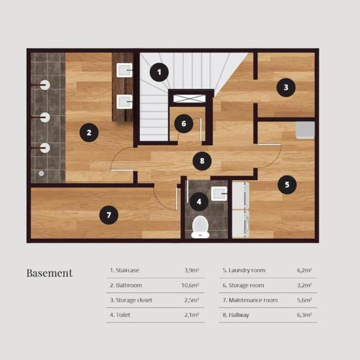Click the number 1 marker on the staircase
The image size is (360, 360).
pyautogui.click(x=159, y=72)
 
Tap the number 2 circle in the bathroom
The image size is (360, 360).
pyautogui.click(x=89, y=132)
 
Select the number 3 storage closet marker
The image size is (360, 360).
pyautogui.click(x=286, y=87)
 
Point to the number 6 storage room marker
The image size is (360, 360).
pyautogui.click(x=183, y=123)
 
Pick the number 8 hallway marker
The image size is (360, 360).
pyautogui.click(x=202, y=161)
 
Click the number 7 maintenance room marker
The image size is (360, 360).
pyautogui.click(x=109, y=215)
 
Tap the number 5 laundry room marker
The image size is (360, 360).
pyautogui.click(x=287, y=184)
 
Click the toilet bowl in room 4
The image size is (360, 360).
pyautogui.click(x=200, y=227)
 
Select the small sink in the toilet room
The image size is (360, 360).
pyautogui.click(x=219, y=193)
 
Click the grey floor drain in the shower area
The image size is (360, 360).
pyautogui.click(x=41, y=173)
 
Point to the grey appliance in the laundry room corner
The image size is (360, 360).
pyautogui.click(x=305, y=130)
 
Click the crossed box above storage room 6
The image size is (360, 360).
pyautogui.click(x=189, y=99)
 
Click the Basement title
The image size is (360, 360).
pyautogui.click(x=50, y=273)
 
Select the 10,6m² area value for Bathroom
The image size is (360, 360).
pyautogui.click(x=190, y=285)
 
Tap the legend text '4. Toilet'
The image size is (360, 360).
pyautogui.click(x=120, y=315)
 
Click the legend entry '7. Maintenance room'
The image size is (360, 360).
pyautogui.click(x=250, y=300)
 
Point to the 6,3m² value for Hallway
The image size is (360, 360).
pyautogui.click(x=304, y=315)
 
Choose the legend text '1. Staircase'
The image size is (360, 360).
pyautogui.click(x=124, y=270)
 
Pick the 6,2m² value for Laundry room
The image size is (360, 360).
pyautogui.click(x=304, y=270)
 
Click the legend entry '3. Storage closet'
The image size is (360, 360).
pyautogui.click(x=131, y=300)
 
